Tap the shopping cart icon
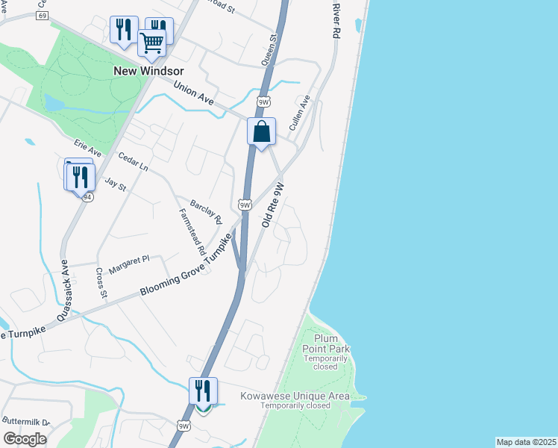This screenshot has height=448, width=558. (152, 43)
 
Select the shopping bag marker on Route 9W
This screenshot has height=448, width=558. (262, 132)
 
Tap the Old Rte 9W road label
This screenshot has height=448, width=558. (274, 205)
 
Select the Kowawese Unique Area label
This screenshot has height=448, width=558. (295, 396)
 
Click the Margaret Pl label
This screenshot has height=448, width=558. (129, 262)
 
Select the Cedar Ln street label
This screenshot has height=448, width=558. (134, 163)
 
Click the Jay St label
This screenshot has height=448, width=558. (116, 184)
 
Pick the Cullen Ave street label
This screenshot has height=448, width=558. (300, 113)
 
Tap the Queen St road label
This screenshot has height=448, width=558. (270, 48)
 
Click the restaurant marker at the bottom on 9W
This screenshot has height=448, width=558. (203, 391)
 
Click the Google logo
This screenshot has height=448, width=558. (25, 439)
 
